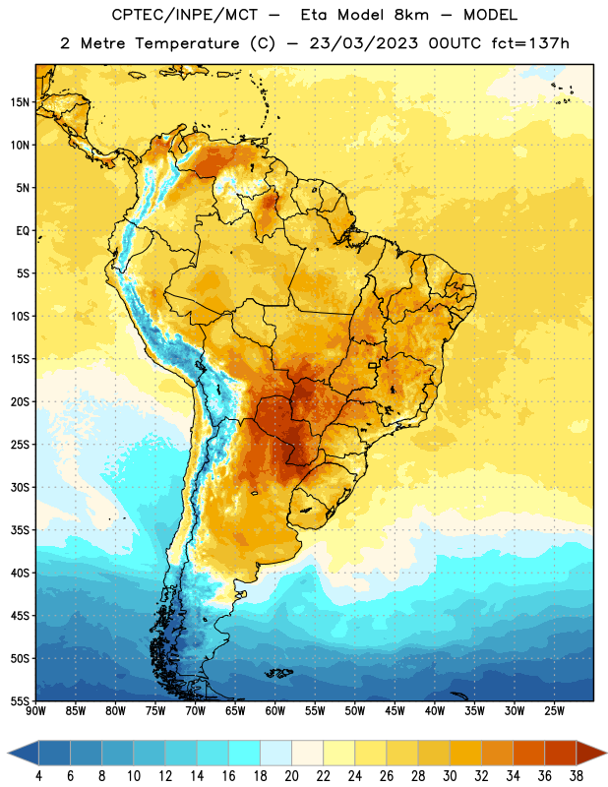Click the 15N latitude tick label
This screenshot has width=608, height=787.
pyautogui.click(x=20, y=102)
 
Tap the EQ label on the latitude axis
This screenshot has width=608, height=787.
pyautogui.click(x=23, y=231)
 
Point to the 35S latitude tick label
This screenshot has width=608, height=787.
pyautogui.click(x=20, y=530)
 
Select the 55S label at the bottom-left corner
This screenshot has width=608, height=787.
pyautogui.click(x=20, y=701)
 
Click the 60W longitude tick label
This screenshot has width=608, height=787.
pyautogui.click(x=275, y=711)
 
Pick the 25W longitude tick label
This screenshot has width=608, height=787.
pyautogui.click(x=554, y=711)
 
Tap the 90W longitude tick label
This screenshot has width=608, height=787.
pyautogui.click(x=36, y=711)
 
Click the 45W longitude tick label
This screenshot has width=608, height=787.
pyautogui.click(x=395, y=711)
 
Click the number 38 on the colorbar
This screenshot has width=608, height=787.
pyautogui.click(x=576, y=776)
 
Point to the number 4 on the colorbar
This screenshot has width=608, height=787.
pyautogui.click(x=38, y=776)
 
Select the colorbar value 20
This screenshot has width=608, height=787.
pyautogui.click(x=291, y=776)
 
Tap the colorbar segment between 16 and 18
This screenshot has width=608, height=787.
pyautogui.click(x=245, y=753)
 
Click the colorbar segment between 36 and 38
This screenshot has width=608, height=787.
pyautogui.click(x=561, y=753)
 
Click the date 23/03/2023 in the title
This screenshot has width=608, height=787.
pyautogui.click(x=363, y=43)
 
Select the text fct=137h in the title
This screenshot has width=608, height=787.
pyautogui.click(x=530, y=43)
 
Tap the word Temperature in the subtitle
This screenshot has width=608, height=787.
pyautogui.click(x=187, y=43)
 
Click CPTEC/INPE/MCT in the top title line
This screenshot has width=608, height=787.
pyautogui.click(x=184, y=15)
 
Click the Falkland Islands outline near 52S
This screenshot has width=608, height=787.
pyautogui.click(x=279, y=673)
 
